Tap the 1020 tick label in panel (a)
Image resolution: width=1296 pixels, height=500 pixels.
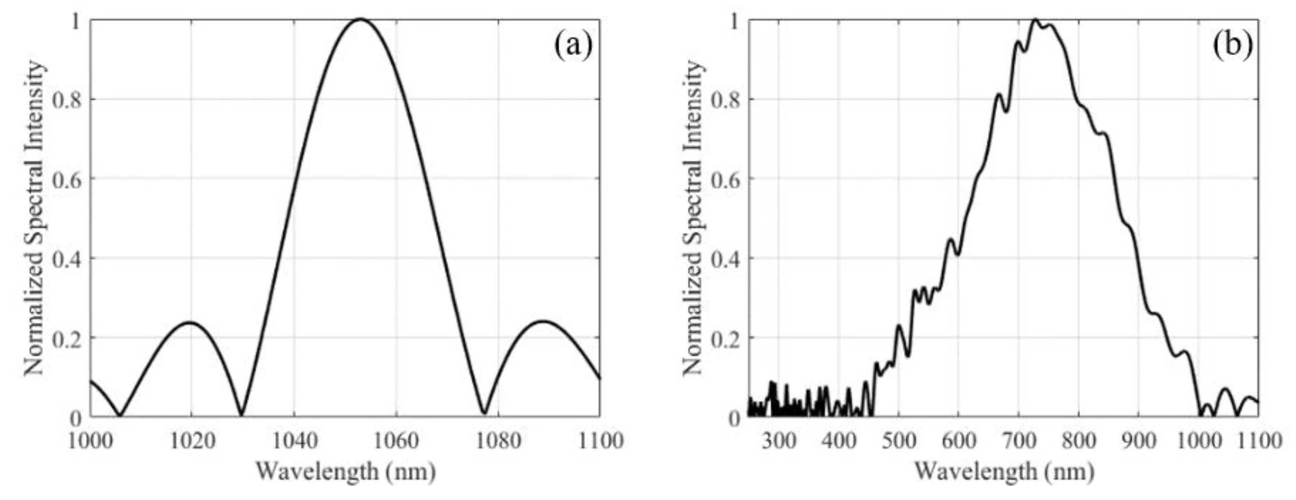pyautogui.click(x=191, y=441)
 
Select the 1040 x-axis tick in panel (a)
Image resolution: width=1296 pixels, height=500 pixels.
pyautogui.click(x=294, y=441)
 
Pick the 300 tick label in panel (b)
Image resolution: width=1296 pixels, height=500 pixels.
pyautogui.click(x=778, y=441)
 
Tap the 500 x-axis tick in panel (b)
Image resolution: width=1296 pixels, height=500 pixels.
pyautogui.click(x=898, y=441)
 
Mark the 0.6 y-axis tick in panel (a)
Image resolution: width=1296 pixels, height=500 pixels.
pyautogui.click(x=67, y=179)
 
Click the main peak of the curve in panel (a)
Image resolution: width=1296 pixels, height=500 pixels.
pyautogui.click(x=360, y=20)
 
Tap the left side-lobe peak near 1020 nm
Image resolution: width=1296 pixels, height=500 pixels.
pyautogui.click(x=190, y=322)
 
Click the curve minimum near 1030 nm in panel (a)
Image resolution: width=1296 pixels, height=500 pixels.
pyautogui.click(x=242, y=414)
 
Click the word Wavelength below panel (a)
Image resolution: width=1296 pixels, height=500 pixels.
pyautogui.click(x=317, y=472)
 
